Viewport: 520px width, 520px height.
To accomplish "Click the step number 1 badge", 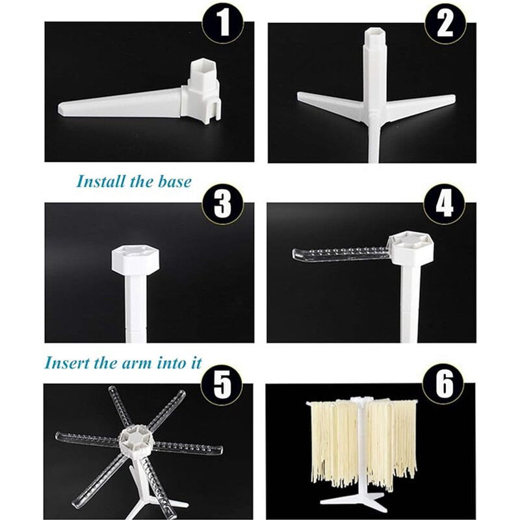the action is (224, 24).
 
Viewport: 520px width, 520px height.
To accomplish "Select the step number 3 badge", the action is (223, 203).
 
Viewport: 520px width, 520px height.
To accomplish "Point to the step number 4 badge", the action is (445, 203).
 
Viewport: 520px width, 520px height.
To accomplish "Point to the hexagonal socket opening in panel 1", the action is (200, 67).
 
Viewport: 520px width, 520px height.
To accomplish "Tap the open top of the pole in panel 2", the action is (376, 33).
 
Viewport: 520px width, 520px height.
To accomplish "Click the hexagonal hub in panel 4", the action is (411, 247).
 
